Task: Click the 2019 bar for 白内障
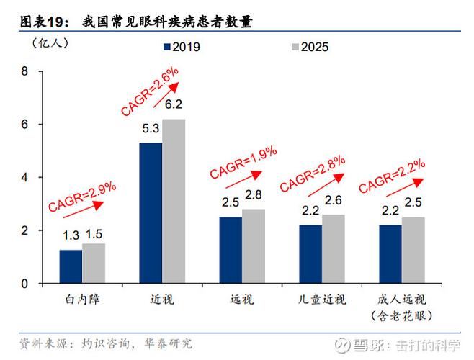click(x=71, y=266)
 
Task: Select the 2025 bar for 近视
click(x=173, y=202)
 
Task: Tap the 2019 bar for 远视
click(x=231, y=250)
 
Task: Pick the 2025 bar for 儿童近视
click(x=333, y=248)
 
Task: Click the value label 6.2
click(x=174, y=104)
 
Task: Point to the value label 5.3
click(x=151, y=129)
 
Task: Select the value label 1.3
click(x=70, y=234)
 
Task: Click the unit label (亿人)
click(x=50, y=42)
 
